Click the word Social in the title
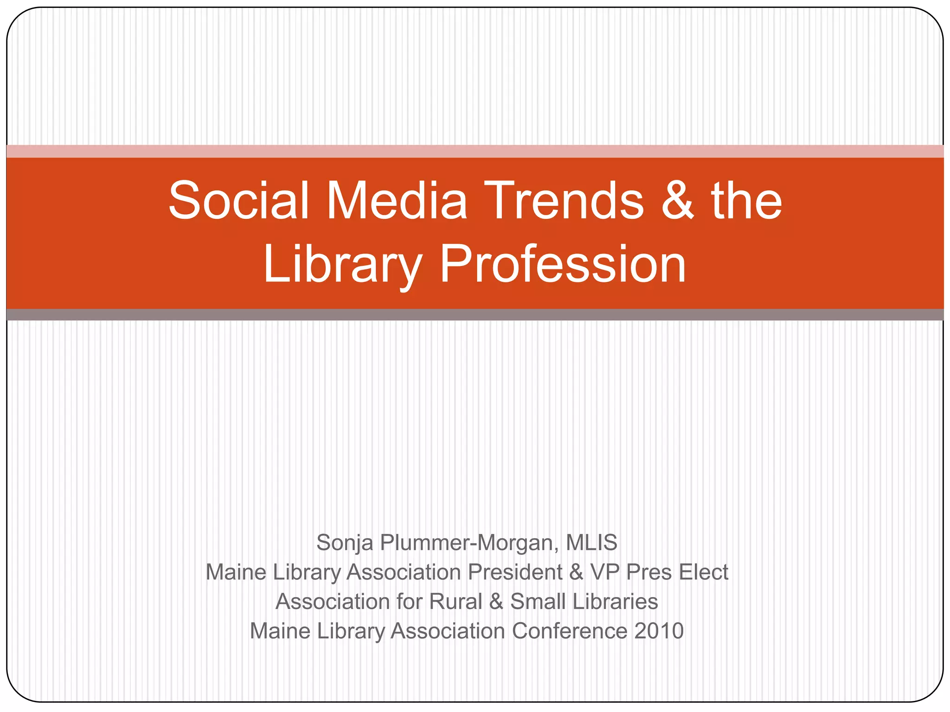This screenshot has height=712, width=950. [x=238, y=200]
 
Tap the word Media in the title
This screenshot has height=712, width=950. [x=397, y=200]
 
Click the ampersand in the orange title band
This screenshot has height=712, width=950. [x=678, y=201]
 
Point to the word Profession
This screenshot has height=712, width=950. [x=563, y=264]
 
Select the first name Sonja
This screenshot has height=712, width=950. [x=345, y=543]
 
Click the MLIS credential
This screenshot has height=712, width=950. [x=591, y=542]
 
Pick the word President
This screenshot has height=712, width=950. [x=515, y=572]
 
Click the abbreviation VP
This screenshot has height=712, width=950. [x=605, y=572]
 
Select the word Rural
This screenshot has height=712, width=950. [x=456, y=602]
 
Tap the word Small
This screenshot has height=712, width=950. [x=538, y=602]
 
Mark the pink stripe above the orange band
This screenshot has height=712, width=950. [x=475, y=151]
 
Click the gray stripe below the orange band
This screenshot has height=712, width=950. [x=475, y=315]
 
